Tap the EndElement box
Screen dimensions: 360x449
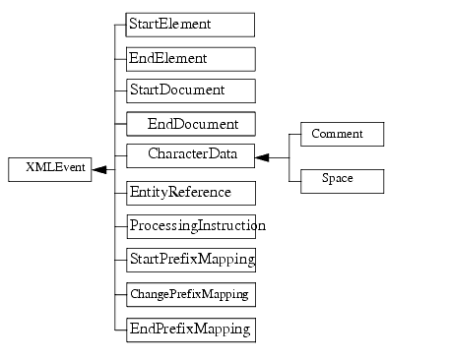pyautogui.click(x=190, y=58)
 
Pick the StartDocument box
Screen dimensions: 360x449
pyautogui.click(x=190, y=90)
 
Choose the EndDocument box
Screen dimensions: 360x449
pyautogui.click(x=190, y=124)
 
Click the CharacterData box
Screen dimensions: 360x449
pyautogui.click(x=190, y=155)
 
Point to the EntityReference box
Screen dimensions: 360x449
pyautogui.click(x=190, y=192)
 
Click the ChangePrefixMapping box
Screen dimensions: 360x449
pyautogui.click(x=190, y=294)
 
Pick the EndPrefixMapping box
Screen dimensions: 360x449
pyautogui.click(x=190, y=329)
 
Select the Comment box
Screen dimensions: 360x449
pyautogui.click(x=336, y=134)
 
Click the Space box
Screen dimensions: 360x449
pyautogui.click(x=336, y=180)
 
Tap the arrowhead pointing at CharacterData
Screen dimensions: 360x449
pyautogui.click(x=263, y=157)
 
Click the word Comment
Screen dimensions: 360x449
pyautogui.click(x=337, y=134)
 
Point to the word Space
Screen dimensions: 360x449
pyautogui.click(x=337, y=180)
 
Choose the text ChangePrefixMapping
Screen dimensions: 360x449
pyautogui.click(x=189, y=294)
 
